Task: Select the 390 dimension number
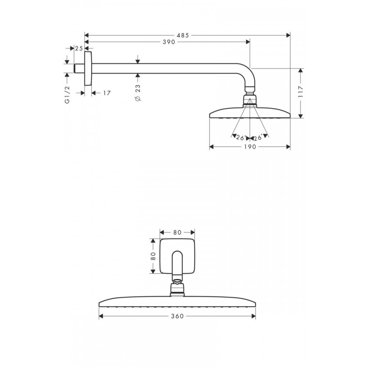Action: [169, 42]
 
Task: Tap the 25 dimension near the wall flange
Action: [79, 48]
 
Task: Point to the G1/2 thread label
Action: [67, 95]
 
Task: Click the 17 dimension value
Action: [107, 93]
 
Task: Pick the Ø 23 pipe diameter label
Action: [138, 93]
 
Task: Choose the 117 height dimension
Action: [301, 92]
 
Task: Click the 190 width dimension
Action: [250, 147]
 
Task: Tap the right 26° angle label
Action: [258, 138]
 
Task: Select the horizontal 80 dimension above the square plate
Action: [177, 232]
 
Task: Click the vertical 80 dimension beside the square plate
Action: [153, 256]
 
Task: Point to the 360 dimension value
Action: [177, 316]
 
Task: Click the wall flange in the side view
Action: [88, 68]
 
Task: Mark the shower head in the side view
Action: [250, 112]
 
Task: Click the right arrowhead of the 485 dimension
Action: [288, 35]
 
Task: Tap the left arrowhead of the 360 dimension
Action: [101, 316]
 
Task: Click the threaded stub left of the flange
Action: [79, 68]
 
